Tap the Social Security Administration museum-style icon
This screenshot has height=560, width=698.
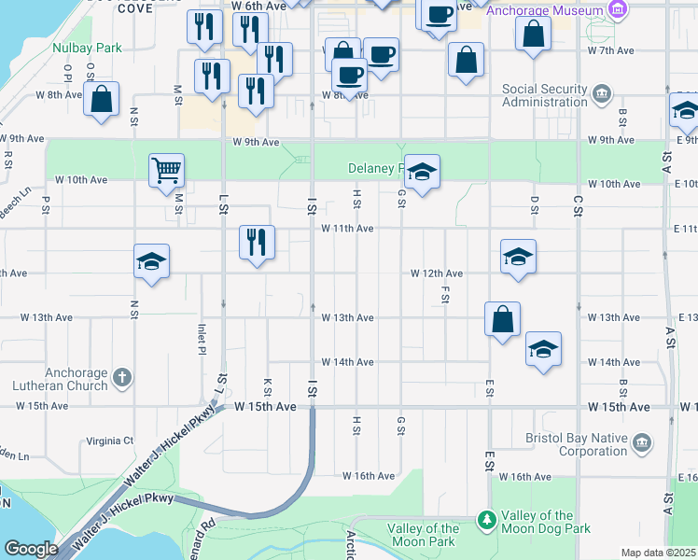coord(602,93)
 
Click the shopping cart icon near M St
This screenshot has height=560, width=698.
coord(166,170)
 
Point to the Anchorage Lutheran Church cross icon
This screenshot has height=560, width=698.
coord(121,378)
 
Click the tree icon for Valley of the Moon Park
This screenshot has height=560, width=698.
coord(485,519)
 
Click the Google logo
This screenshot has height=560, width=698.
coord(32,549)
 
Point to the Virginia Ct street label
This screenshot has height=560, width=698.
coord(110,441)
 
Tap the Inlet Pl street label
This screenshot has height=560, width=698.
coord(202,339)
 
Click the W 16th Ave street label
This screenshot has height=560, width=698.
coord(369,476)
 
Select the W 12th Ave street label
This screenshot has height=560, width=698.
coord(438,273)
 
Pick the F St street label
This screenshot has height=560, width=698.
coord(445,294)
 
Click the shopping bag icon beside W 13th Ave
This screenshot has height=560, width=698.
coord(502,319)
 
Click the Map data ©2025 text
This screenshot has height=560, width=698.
coord(659,553)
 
